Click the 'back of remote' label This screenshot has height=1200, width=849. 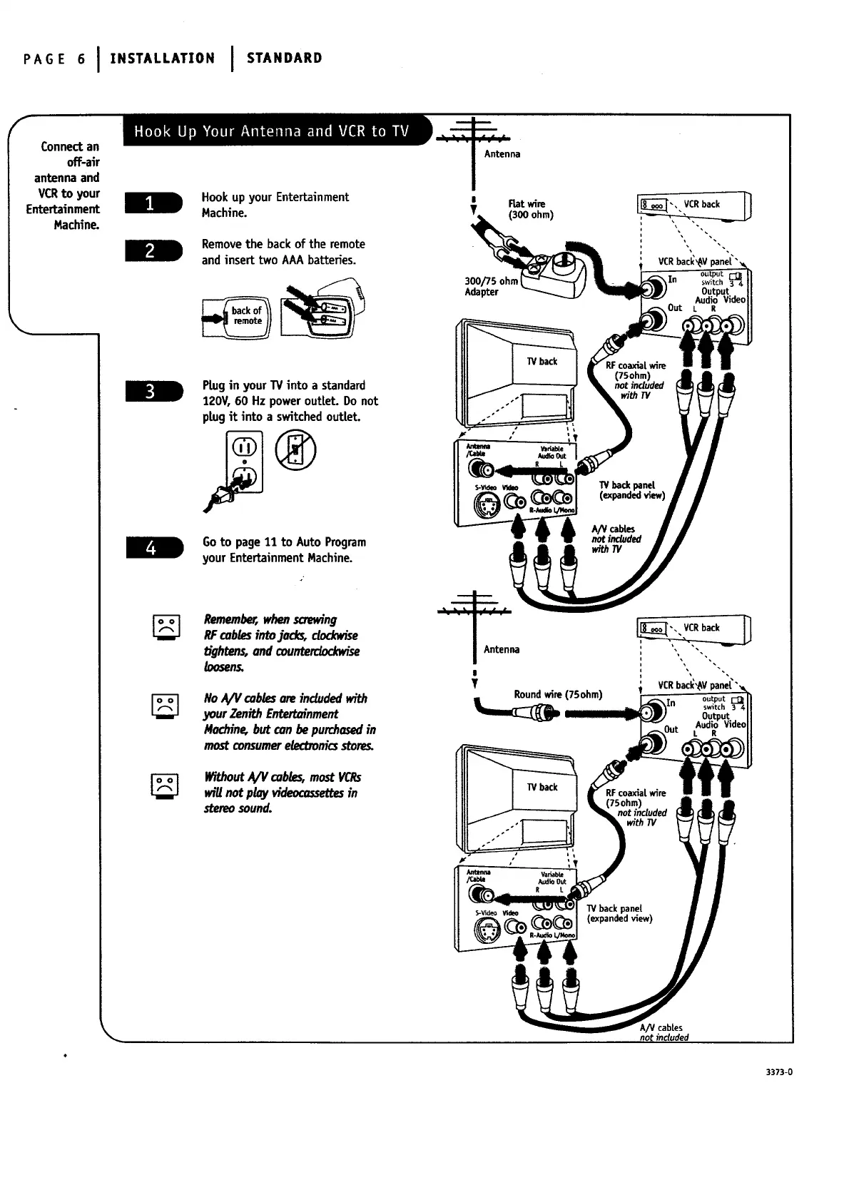247,316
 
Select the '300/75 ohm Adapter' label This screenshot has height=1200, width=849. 490,287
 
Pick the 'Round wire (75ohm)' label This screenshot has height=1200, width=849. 558,695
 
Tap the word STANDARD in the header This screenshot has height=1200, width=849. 284,59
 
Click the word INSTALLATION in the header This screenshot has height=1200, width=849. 162,59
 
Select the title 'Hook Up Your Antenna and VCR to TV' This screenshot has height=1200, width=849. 271,131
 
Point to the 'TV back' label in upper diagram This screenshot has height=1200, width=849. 542,362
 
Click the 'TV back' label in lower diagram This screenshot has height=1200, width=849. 542,787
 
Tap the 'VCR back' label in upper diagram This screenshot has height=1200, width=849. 701,204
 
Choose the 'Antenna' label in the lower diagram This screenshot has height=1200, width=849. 502,649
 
